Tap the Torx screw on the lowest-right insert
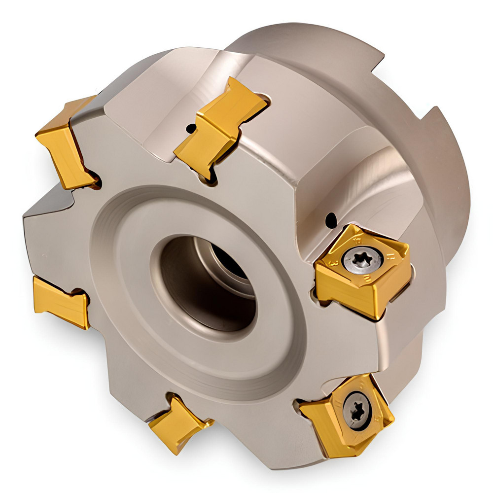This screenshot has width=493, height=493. [356, 410]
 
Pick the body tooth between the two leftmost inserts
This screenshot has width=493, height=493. [49, 232]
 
